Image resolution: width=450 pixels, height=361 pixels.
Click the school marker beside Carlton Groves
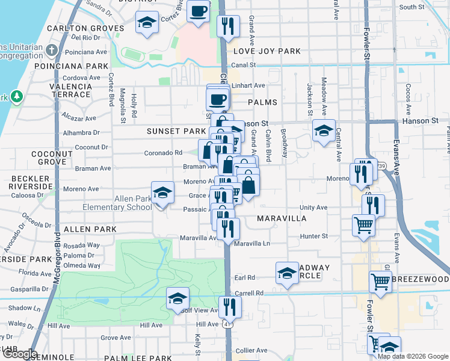point(147,22)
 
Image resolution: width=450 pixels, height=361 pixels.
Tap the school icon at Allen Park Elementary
point(161,193)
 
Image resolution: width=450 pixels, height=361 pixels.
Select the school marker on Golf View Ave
point(178,298)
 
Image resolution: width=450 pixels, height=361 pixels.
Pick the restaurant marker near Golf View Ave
point(230,307)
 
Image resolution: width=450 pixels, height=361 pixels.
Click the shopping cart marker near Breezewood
point(380,281)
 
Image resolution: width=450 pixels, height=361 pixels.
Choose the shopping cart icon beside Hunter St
point(363,226)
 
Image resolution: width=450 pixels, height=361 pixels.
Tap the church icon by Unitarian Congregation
point(52,49)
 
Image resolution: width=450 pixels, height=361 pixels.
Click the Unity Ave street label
point(313,208)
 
